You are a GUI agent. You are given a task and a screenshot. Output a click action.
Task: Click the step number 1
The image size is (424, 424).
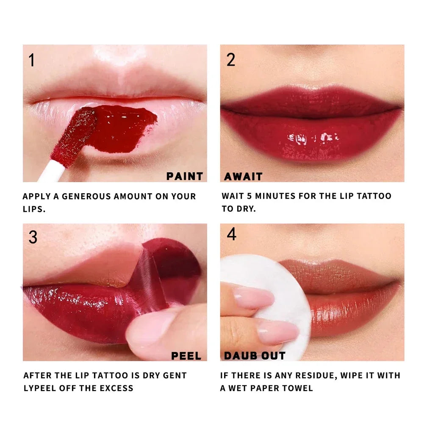coord(32,60)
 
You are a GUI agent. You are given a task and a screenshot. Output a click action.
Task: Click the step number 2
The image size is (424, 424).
coord(231,60)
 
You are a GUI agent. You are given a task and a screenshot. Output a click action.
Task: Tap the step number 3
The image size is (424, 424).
coord(33,237)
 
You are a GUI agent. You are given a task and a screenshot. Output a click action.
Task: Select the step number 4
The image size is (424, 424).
coord(231,234)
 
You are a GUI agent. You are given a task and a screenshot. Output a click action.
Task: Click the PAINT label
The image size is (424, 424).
coord(184,176)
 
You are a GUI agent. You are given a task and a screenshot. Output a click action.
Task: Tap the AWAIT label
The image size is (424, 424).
coord(243,176)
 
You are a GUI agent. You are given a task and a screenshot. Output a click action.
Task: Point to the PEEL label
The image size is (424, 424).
coord(186,356)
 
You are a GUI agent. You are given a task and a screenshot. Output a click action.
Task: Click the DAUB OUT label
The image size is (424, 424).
coord(255,355)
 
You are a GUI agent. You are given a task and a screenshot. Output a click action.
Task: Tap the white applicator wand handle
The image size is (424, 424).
coord(53,172)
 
